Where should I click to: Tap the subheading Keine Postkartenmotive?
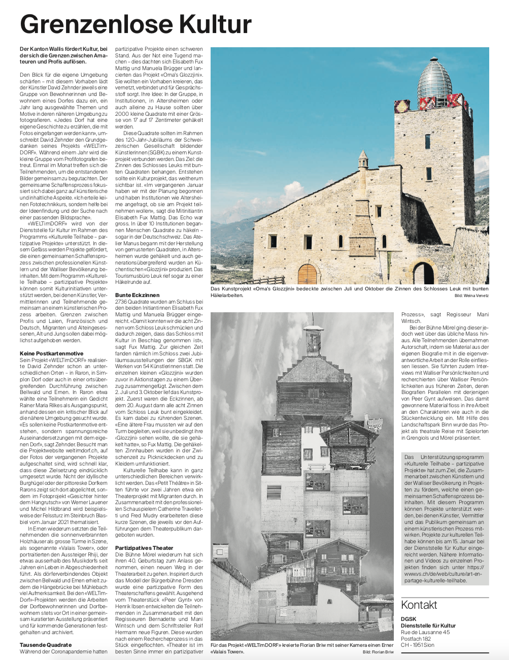click(x=51, y=353)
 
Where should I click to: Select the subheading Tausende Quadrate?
click(x=46, y=645)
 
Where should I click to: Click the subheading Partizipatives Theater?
click(x=144, y=548)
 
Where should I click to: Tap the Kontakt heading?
click(x=419, y=605)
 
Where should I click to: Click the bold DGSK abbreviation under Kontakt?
click(x=409, y=619)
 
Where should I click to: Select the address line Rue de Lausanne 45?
click(x=425, y=632)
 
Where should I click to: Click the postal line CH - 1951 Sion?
click(x=418, y=645)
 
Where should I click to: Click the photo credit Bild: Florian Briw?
click(x=378, y=652)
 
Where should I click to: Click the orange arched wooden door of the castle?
click(x=307, y=274)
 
